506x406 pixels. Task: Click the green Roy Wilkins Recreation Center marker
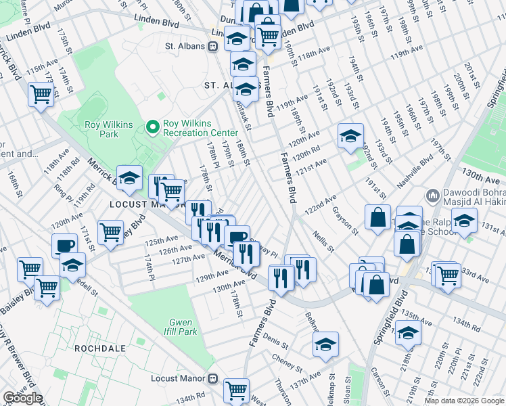154,127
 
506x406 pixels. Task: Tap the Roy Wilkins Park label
101,129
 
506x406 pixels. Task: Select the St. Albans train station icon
212,46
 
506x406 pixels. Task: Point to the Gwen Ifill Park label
179,328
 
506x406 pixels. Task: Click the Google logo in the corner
22,398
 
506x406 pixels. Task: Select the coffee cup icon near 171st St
65,245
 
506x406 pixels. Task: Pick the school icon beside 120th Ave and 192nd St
350,136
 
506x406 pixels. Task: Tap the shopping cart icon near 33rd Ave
448,274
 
